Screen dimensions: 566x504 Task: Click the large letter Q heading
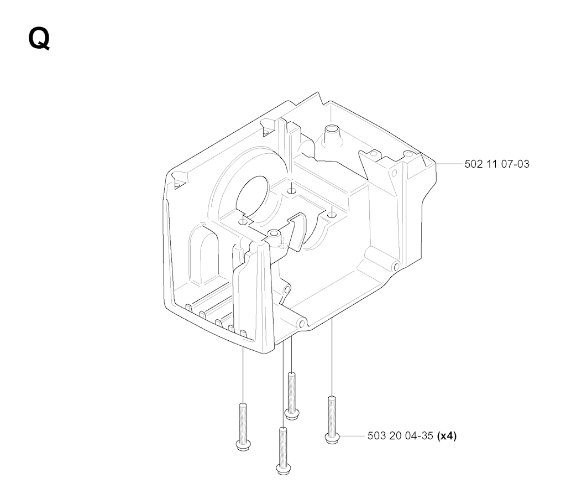pos(39,39)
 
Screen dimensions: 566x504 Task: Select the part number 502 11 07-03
pos(497,164)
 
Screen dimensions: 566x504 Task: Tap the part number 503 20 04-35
pos(400,436)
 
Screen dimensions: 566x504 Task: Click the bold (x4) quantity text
pos(447,436)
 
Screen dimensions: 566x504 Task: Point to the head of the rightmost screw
pos(332,438)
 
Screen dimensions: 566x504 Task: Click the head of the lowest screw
pos(284,469)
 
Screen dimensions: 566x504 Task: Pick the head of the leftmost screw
pos(244,445)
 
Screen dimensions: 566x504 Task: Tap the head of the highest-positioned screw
pos(292,414)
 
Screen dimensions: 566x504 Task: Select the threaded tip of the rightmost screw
pos(332,399)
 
